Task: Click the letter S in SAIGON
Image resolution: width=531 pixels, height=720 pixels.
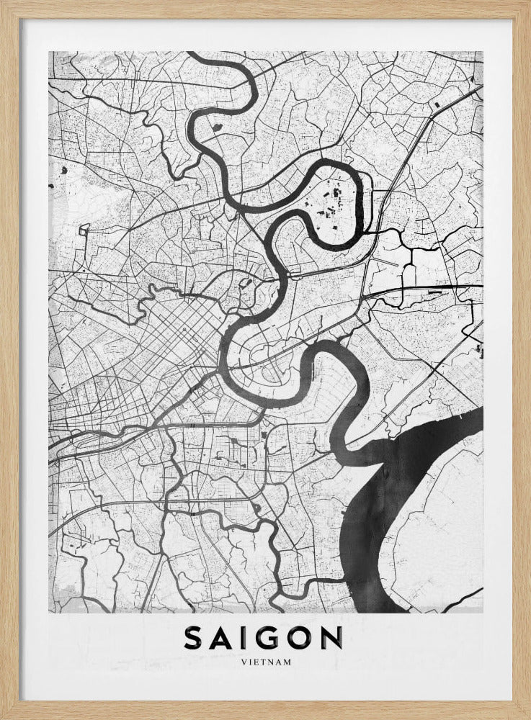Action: point(195,638)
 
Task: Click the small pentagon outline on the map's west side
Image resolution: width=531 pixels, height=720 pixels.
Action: point(84,230)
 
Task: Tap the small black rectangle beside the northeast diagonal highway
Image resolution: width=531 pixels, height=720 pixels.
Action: point(437,107)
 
